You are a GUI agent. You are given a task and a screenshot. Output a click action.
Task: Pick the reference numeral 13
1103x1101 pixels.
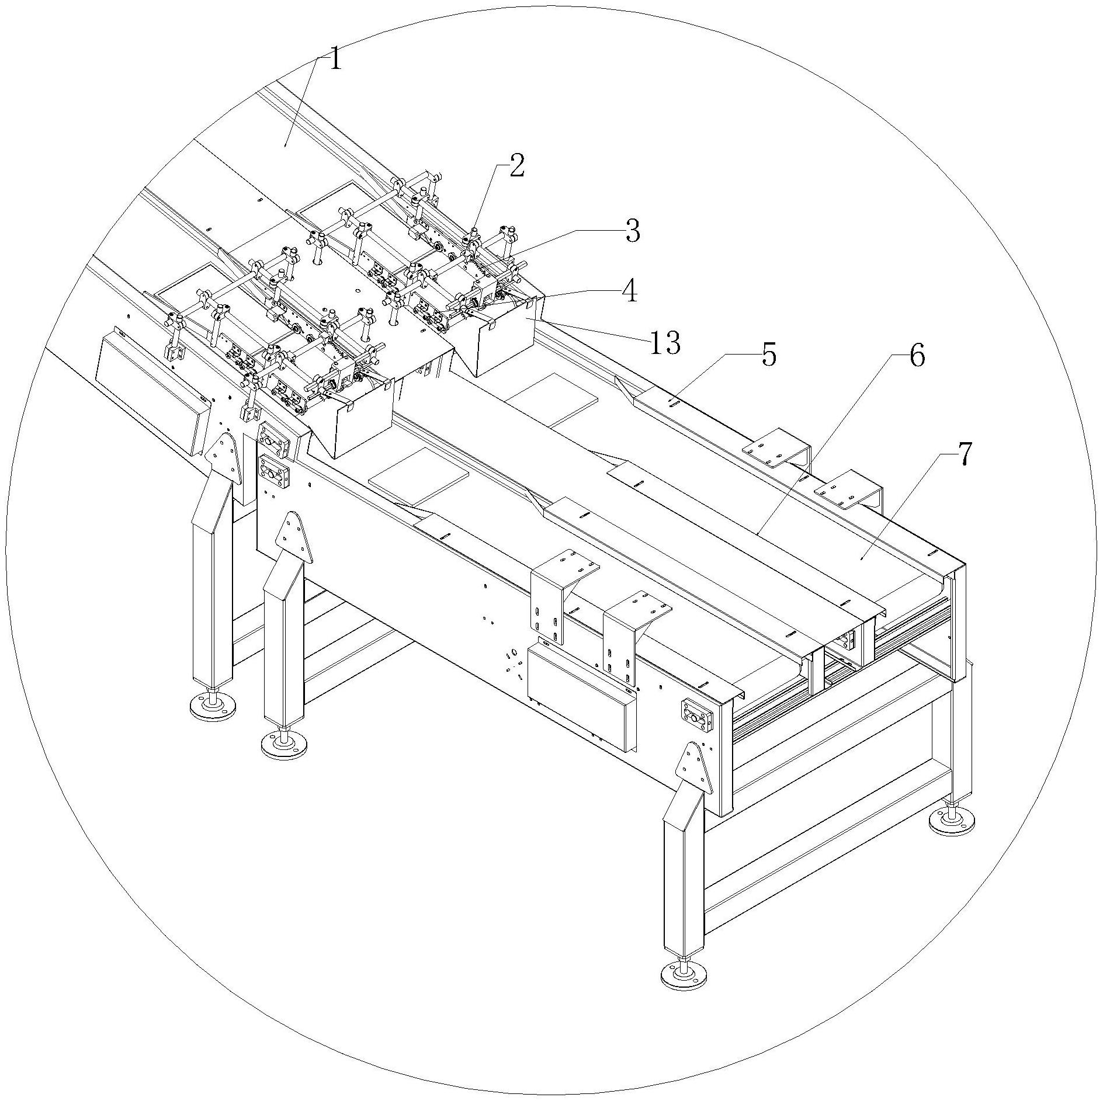click(x=665, y=343)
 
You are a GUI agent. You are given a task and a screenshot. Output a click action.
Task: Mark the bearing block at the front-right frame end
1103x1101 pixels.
click(x=695, y=714)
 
